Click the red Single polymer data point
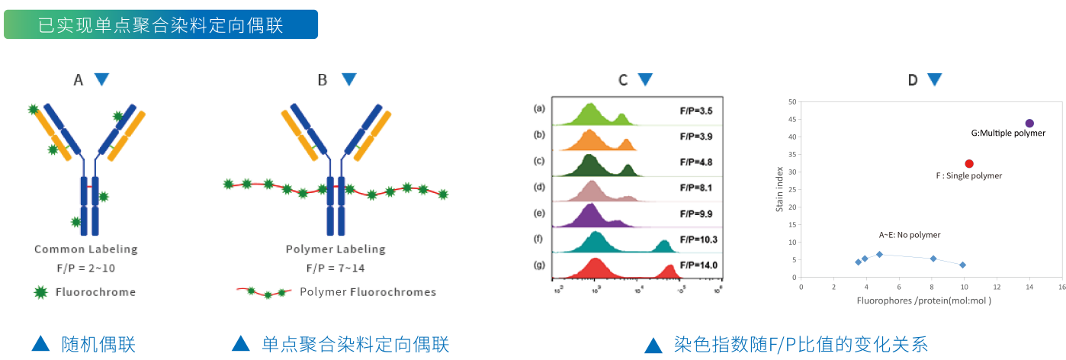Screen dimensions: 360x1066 969,163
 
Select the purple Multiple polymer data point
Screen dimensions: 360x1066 1029,124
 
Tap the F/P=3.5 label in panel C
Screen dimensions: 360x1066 696,111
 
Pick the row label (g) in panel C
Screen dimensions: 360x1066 540,265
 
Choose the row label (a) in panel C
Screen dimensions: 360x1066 540,109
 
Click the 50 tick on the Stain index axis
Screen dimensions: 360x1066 792,102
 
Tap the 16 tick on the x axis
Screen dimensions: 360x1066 1062,288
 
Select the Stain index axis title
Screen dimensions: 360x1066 780,191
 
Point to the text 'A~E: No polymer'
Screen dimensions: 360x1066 910,235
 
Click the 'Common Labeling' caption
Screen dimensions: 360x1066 86,249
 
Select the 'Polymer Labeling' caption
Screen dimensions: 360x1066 336,249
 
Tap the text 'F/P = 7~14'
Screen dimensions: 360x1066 336,268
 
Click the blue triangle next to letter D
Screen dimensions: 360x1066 934,79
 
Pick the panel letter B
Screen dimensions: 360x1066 323,79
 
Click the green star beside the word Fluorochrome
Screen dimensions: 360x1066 40,291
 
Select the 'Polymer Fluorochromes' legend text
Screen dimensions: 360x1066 368,291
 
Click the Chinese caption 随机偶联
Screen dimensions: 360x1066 98,345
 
